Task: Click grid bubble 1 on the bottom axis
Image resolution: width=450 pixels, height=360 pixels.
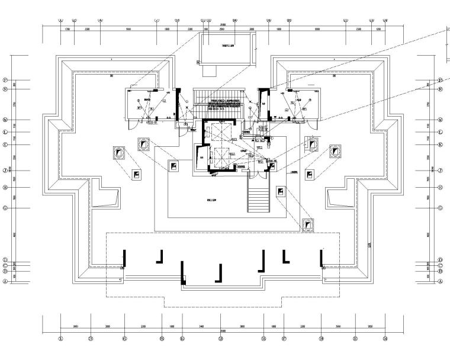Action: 61,339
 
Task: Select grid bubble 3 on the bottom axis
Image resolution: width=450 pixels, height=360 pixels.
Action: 91,339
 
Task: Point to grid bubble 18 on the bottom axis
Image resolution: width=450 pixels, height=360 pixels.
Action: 322,339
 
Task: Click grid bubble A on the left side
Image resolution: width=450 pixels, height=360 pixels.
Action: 5,282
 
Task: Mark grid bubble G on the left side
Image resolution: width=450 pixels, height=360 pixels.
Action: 5,208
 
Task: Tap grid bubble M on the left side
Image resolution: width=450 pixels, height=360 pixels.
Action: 5,119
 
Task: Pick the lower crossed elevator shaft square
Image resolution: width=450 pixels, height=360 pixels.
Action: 221,156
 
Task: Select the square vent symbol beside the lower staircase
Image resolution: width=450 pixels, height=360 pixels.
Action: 281,191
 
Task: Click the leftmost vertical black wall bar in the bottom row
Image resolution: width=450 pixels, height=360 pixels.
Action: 124,259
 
